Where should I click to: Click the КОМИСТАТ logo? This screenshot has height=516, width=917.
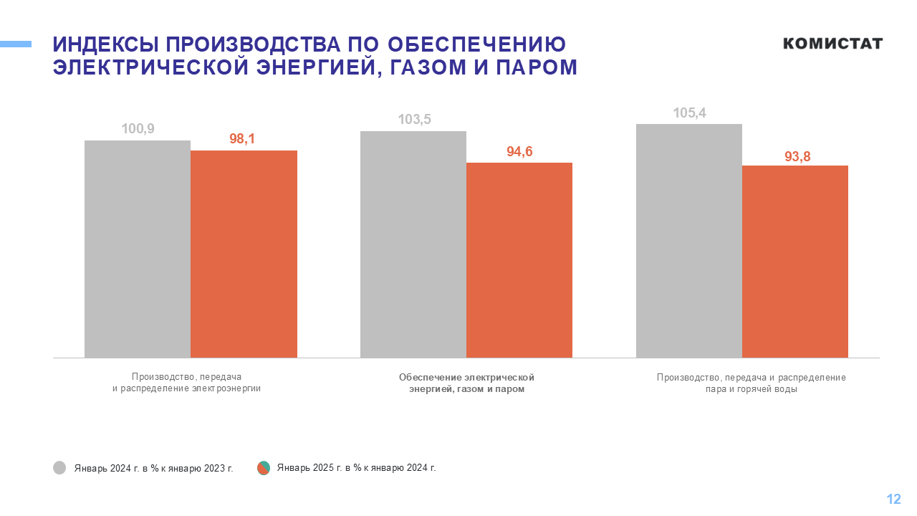pos(832,44)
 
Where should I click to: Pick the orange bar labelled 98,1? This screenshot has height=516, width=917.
pos(244,254)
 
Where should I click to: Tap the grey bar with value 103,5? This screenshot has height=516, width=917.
pos(413,244)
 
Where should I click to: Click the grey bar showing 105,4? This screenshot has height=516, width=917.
pos(689,240)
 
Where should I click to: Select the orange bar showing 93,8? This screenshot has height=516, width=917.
pos(795,261)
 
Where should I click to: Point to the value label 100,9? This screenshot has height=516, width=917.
pos(138,129)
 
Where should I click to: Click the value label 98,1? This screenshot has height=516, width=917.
pos(242,139)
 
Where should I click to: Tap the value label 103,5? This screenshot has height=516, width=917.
pos(414,120)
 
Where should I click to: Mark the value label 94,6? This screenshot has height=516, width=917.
pos(519,151)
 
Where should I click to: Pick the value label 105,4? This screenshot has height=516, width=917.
pos(689,113)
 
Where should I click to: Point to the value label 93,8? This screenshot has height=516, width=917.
pos(797,156)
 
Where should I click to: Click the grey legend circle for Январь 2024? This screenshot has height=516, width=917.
pos(59,468)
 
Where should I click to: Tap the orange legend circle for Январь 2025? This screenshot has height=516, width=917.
pos(264,468)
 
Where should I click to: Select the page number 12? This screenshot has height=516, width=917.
pos(893,500)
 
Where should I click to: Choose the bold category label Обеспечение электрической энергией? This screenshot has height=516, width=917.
pos(467,383)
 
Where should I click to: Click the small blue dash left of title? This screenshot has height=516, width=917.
pos(16,44)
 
